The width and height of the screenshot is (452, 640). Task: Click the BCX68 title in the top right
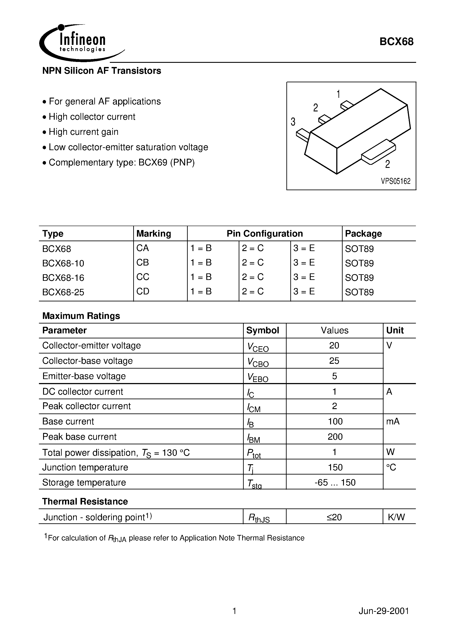point(396,42)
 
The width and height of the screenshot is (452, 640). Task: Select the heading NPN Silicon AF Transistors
point(102,71)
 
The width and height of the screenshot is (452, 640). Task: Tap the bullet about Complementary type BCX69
point(121,162)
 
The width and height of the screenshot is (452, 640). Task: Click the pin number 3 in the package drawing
point(293,122)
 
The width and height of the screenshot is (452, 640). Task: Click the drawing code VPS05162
point(396,181)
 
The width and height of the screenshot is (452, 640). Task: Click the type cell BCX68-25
point(63,292)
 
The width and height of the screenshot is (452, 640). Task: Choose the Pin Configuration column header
point(265,234)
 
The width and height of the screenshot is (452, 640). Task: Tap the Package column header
point(363,234)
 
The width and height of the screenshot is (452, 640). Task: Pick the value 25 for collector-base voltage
point(334,361)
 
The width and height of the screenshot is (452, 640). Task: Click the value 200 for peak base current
point(335,437)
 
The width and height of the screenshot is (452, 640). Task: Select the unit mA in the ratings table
point(393,422)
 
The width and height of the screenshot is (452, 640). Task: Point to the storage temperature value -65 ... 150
point(335,482)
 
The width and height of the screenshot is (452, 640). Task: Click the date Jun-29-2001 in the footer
point(384,611)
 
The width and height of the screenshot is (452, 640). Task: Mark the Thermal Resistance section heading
point(85,501)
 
